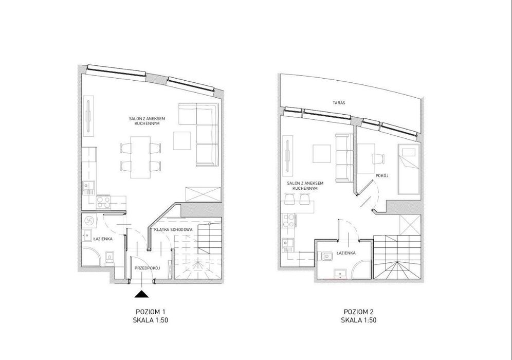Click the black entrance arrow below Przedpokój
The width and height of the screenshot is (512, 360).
142,294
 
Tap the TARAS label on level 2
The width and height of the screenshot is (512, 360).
339,102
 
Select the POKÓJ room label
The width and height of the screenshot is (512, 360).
382,176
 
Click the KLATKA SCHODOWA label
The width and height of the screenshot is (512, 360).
173,230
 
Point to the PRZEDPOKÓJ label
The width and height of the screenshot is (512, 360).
147,268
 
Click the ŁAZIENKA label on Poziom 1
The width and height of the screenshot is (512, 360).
102,239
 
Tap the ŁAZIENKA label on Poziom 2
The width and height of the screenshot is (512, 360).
346,253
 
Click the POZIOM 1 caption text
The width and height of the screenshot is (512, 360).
148,312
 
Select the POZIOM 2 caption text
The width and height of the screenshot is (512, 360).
356,312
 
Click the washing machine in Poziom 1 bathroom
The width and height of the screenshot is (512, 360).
89,221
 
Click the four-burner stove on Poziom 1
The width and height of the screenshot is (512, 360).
103,202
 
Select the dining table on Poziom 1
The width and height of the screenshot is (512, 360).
140,157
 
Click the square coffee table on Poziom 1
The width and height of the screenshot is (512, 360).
182,140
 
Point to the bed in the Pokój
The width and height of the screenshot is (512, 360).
408,169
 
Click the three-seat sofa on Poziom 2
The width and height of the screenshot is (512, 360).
344,157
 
